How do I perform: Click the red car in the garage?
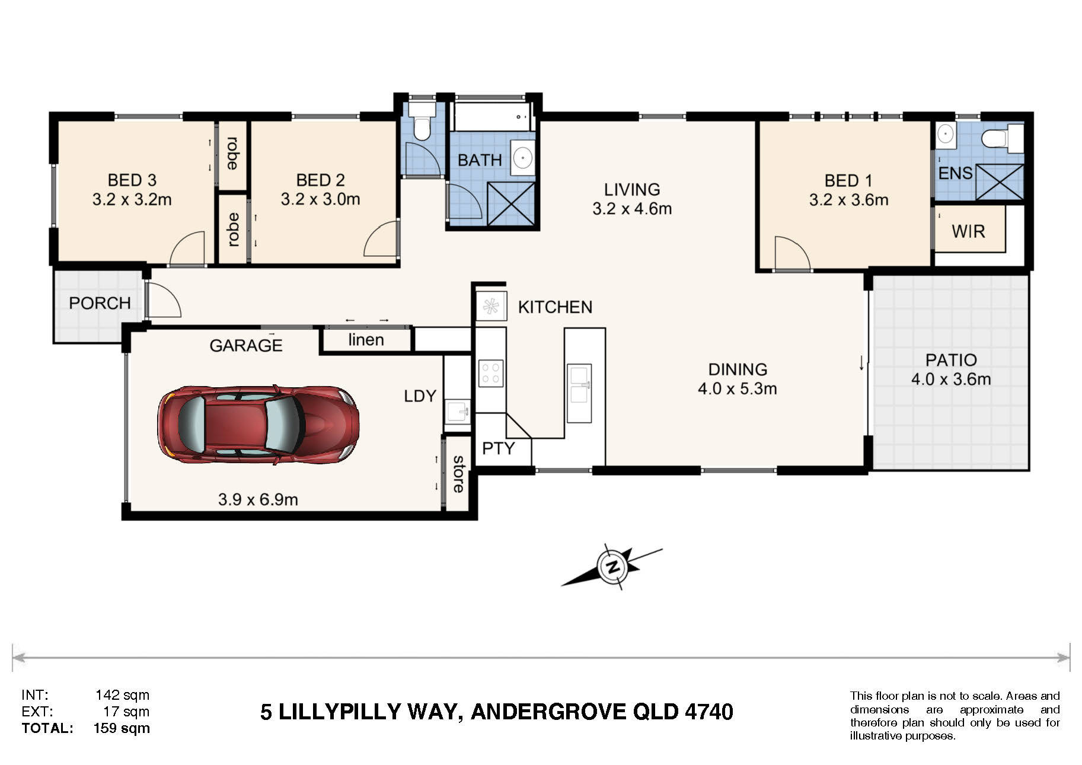click(x=258, y=425)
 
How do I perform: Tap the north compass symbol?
click(x=612, y=566)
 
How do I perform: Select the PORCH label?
click(x=100, y=303)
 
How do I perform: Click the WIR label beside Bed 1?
click(x=968, y=231)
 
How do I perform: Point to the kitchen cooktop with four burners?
click(x=491, y=374)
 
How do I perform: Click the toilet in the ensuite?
click(x=1003, y=139)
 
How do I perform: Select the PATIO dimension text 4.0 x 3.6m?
click(x=951, y=379)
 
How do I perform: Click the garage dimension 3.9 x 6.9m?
click(x=258, y=499)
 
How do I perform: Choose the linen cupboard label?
click(x=366, y=340)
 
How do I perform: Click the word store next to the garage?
click(x=458, y=474)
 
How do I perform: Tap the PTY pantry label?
click(x=498, y=448)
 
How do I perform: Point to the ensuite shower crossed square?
click(x=1000, y=182)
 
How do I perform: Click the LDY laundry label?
click(x=420, y=396)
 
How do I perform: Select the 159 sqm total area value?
click(x=122, y=728)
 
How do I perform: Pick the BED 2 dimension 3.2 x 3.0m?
click(x=320, y=199)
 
